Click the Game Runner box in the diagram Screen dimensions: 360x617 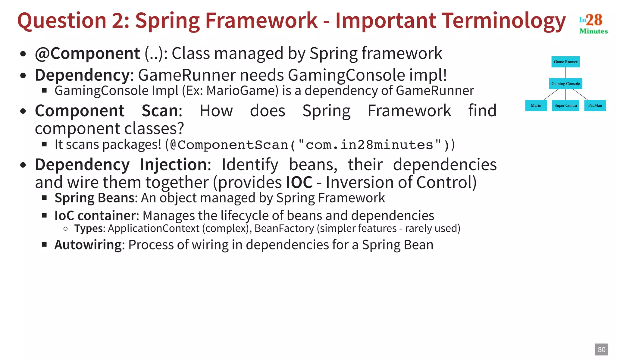(565, 62)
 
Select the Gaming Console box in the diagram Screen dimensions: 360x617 (565, 83)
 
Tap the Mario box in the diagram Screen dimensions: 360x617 (536, 105)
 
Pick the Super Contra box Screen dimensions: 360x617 (565, 105)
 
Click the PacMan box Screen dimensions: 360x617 (595, 105)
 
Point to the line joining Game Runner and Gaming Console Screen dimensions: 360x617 (565, 73)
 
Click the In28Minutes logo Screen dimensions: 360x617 (593, 23)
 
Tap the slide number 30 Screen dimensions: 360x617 (601, 349)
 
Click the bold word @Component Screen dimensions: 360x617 (87, 54)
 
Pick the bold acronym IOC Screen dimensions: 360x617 (299, 182)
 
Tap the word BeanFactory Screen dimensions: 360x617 (284, 228)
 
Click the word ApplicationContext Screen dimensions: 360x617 (154, 228)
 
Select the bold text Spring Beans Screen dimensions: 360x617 (94, 198)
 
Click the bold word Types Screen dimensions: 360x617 (89, 228)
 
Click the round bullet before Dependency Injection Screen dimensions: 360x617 (23, 165)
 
